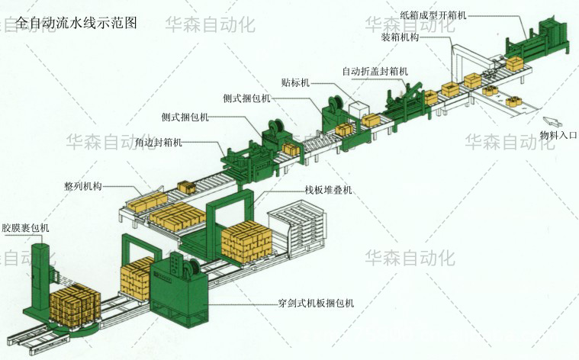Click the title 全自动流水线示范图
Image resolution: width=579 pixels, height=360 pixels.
76,24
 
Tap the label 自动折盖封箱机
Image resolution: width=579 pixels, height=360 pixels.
375,72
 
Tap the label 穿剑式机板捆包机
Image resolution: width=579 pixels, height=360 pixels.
316,303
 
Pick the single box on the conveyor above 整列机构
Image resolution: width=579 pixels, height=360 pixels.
187,186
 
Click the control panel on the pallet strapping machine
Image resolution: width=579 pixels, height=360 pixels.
176,267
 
